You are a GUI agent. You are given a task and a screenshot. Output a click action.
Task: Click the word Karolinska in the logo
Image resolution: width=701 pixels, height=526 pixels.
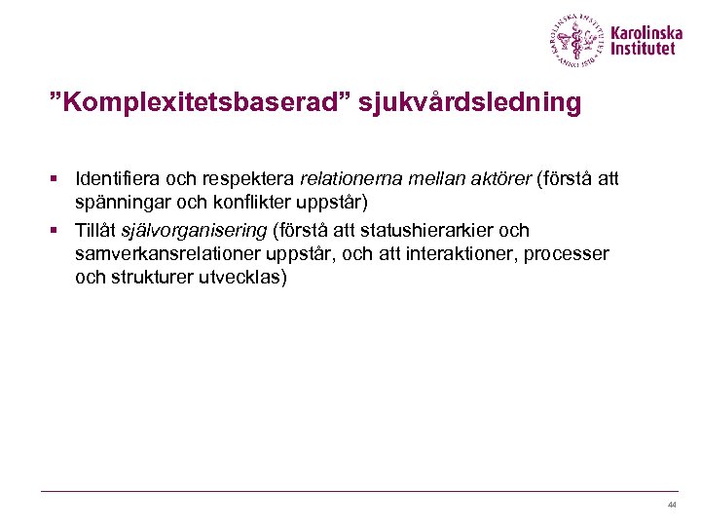coord(646,31)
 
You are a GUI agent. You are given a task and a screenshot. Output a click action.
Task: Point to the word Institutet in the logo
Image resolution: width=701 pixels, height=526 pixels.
coord(642,49)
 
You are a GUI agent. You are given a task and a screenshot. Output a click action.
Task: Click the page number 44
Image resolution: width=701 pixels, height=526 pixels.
coord(672,505)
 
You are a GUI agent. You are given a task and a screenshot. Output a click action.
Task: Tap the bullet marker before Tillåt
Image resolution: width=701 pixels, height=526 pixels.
coord(57,232)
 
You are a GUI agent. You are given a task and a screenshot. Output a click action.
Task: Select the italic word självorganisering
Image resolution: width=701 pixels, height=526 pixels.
coord(194,231)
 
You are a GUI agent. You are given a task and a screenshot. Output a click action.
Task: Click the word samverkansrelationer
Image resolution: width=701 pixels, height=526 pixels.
coord(163,253)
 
